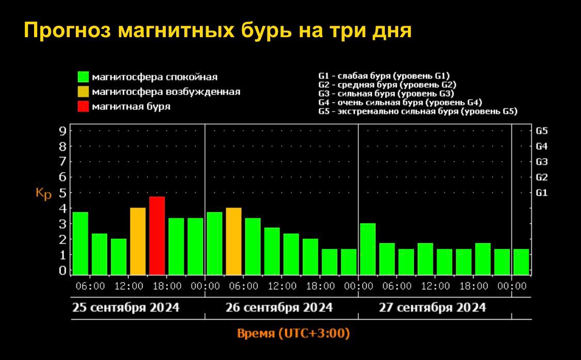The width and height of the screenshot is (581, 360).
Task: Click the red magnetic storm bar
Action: tap(157, 236)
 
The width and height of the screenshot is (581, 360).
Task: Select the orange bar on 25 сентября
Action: tap(138, 241)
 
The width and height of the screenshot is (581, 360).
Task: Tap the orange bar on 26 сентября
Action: tap(233, 241)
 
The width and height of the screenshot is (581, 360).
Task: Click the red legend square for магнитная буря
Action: tap(83, 107)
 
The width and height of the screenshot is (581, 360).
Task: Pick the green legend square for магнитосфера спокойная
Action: tap(83, 77)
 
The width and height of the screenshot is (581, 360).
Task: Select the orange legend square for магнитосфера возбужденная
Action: tap(83, 92)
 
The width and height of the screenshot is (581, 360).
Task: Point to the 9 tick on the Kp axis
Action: tap(62, 131)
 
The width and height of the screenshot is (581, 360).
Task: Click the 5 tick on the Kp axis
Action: tap(62, 193)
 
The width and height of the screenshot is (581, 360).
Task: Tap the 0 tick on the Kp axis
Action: tap(62, 270)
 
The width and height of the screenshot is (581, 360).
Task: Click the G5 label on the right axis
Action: tap(542, 131)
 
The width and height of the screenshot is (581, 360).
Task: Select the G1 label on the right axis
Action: tap(542, 193)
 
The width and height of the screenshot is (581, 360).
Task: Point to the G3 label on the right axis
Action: tap(542, 162)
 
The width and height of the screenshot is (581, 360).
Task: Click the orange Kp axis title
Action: tap(43, 194)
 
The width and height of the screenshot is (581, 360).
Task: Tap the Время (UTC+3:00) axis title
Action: tap(293, 333)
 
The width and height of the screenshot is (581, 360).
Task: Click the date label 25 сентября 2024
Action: tap(125, 308)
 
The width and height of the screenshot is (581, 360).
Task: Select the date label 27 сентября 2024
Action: tap(432, 308)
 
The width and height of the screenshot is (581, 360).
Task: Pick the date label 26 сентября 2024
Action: tap(279, 308)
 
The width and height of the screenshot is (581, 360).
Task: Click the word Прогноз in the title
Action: tap(67, 30)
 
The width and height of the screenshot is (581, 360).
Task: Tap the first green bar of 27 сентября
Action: tap(368, 248)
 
